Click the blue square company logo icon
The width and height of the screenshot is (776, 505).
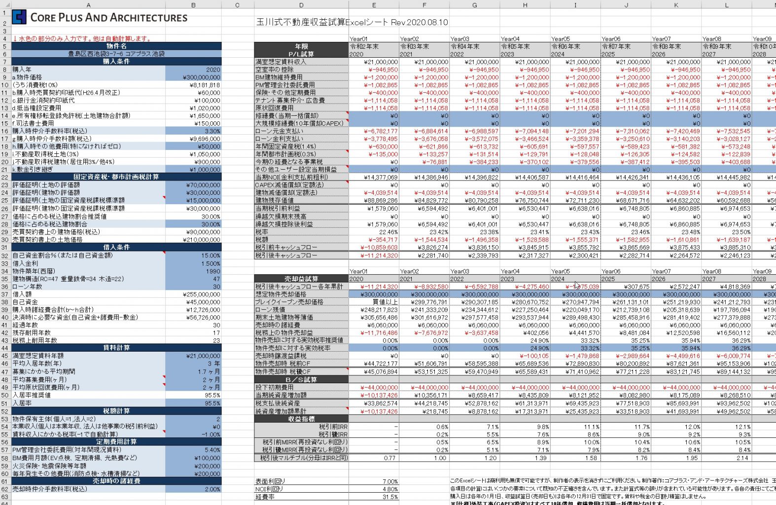19,17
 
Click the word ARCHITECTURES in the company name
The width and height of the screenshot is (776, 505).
148,18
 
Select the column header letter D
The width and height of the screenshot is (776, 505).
301,5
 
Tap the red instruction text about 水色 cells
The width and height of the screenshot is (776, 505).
82,38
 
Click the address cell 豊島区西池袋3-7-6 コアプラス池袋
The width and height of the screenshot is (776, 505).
116,54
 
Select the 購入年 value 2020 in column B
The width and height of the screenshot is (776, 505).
213,70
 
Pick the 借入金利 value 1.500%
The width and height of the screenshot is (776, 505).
211,263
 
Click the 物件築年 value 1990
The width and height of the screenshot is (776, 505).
213,271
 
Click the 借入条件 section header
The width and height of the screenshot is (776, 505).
116,248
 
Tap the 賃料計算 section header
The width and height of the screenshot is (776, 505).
116,348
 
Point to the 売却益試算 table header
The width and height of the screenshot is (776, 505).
301,279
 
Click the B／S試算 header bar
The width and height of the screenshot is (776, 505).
301,380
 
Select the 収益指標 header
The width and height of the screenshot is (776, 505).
301,419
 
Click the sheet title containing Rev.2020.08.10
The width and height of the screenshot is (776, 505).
352,22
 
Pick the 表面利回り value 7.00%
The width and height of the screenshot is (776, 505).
389,481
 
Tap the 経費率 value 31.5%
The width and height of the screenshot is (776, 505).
389,497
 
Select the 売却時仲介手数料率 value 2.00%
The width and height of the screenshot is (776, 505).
212,489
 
